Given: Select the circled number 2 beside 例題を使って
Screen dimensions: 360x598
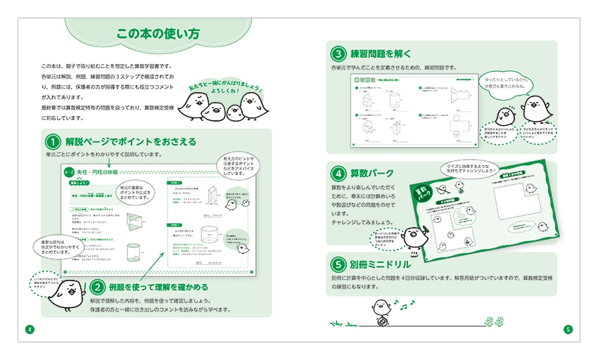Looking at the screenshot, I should tap(98, 286).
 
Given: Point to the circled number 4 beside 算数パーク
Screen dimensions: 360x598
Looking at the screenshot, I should tap(339, 173).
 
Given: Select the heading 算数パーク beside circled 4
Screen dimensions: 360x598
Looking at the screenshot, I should tap(372, 174).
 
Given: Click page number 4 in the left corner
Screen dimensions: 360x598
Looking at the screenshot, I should tap(29, 329).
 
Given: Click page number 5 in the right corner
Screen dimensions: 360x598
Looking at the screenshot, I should tap(568, 329).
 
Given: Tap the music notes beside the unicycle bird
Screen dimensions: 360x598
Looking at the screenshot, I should tap(399, 304).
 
